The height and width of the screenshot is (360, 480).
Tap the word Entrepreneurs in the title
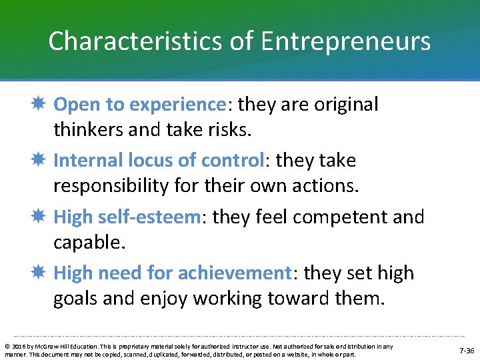coord(345,42)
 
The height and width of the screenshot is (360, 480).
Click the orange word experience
coord(178,105)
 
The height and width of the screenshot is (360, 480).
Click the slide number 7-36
coord(466,350)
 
